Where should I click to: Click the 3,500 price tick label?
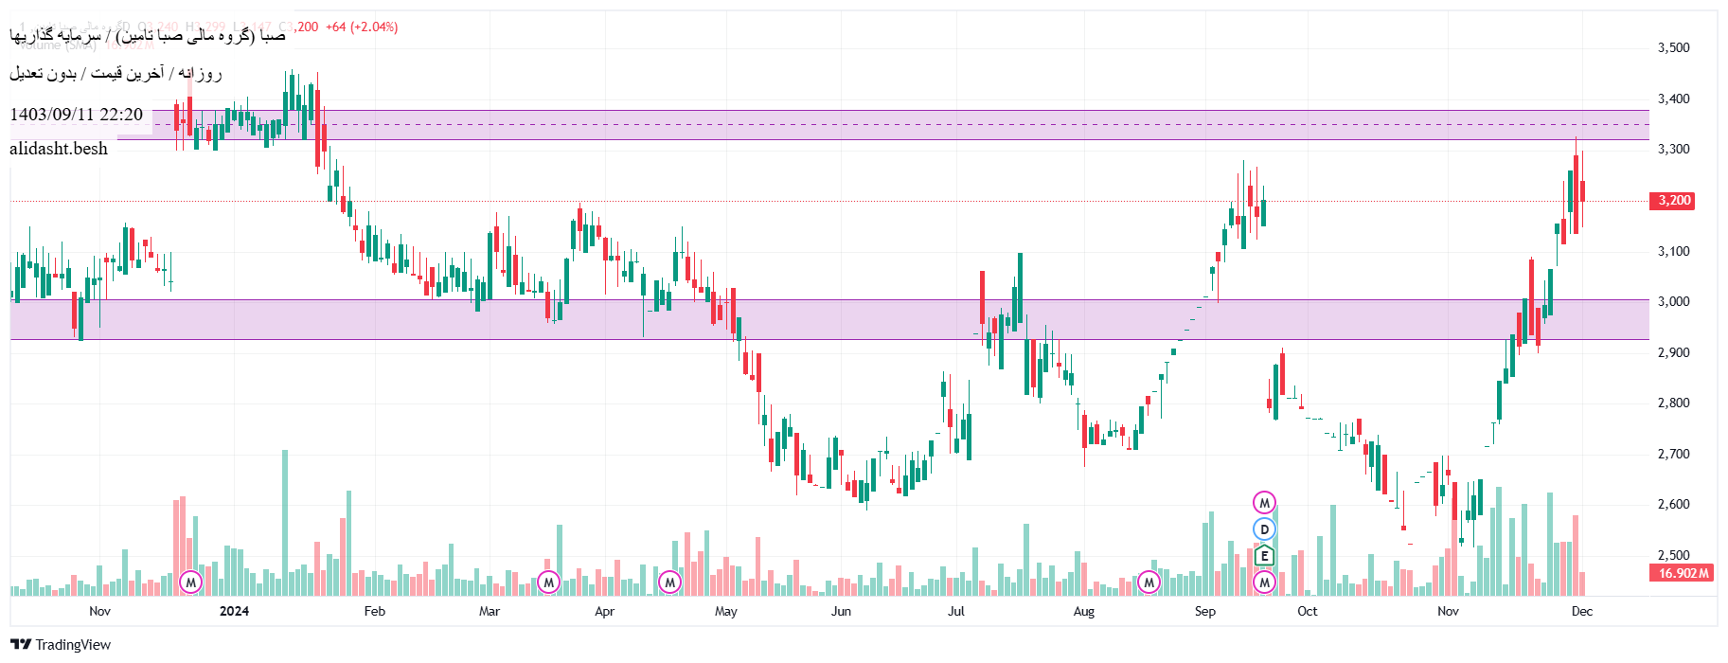point(1673,47)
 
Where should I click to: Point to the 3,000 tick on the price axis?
point(1673,301)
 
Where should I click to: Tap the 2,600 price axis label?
point(1673,504)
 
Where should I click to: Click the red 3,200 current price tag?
point(1673,201)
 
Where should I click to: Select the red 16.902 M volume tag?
point(1683,573)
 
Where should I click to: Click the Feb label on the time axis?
point(375,611)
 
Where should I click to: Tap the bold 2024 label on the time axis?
point(234,611)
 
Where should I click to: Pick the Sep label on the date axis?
point(1204,611)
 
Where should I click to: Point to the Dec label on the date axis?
point(1581,611)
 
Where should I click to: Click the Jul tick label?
point(956,611)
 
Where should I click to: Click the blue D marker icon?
point(1264,529)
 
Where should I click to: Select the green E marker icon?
point(1264,556)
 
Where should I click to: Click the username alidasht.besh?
point(59,149)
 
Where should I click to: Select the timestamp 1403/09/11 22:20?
point(76,115)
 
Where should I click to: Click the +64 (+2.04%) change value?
point(362,27)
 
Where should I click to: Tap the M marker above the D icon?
point(1264,503)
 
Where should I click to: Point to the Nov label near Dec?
point(1448,611)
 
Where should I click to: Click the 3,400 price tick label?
point(1673,99)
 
